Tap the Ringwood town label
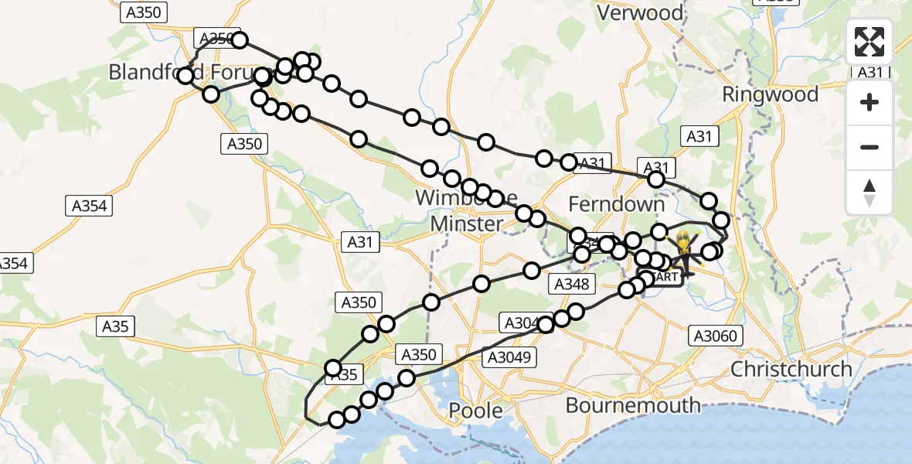(770, 94)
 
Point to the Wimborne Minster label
(467, 210)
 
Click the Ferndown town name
(616, 204)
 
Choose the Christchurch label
(791, 369)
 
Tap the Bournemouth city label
(633, 404)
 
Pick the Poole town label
(476, 410)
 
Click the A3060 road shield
(716, 335)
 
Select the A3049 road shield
(509, 357)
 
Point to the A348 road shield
(572, 285)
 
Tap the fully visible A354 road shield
(90, 206)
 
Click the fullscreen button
(869, 42)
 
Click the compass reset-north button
(869, 193)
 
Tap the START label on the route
(664, 276)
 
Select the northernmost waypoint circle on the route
(239, 40)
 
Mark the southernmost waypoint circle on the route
(336, 420)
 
